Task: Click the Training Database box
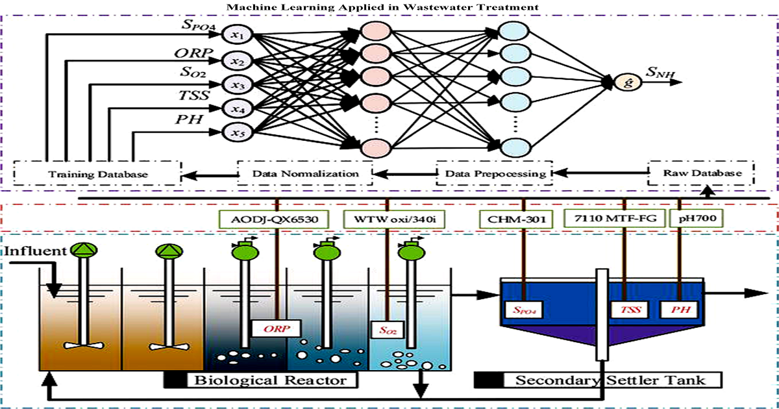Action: click(x=98, y=174)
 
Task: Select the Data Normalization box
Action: click(x=305, y=173)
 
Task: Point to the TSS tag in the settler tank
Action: click(x=626, y=310)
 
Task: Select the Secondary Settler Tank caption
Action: click(x=610, y=379)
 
